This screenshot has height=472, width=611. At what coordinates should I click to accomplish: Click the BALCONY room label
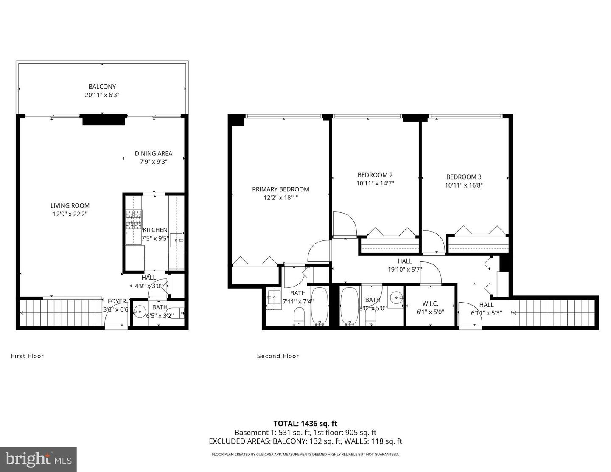pyautogui.click(x=102, y=87)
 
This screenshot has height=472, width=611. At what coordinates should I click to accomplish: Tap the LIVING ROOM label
pyautogui.click(x=70, y=205)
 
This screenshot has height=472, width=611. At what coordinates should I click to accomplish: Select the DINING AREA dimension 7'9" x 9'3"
pyautogui.click(x=153, y=162)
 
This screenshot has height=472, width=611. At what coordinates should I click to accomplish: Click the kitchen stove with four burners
pyautogui.click(x=134, y=220)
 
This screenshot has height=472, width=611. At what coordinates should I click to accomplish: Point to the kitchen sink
pyautogui.click(x=177, y=241)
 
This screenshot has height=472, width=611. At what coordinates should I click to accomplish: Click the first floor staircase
pyautogui.click(x=62, y=313)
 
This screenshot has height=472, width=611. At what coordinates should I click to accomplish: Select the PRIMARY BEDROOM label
pyautogui.click(x=280, y=189)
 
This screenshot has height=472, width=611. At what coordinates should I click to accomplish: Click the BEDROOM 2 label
pyautogui.click(x=375, y=175)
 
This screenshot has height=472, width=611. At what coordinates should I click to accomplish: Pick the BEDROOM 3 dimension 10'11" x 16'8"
pyautogui.click(x=464, y=185)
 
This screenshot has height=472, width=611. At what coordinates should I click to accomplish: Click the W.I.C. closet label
pyautogui.click(x=430, y=303)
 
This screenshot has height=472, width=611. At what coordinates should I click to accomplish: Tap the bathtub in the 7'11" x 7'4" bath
pyautogui.click(x=320, y=306)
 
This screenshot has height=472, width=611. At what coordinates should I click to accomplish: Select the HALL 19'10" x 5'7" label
pyautogui.click(x=405, y=261)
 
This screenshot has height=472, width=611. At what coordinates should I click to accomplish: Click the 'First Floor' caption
pyautogui.click(x=27, y=356)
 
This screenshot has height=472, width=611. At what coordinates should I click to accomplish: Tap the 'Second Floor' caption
pyautogui.click(x=278, y=356)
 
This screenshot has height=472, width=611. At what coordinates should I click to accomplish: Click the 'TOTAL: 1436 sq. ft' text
pyautogui.click(x=305, y=423)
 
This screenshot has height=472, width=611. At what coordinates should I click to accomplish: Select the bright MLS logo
pyautogui.click(x=38, y=459)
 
